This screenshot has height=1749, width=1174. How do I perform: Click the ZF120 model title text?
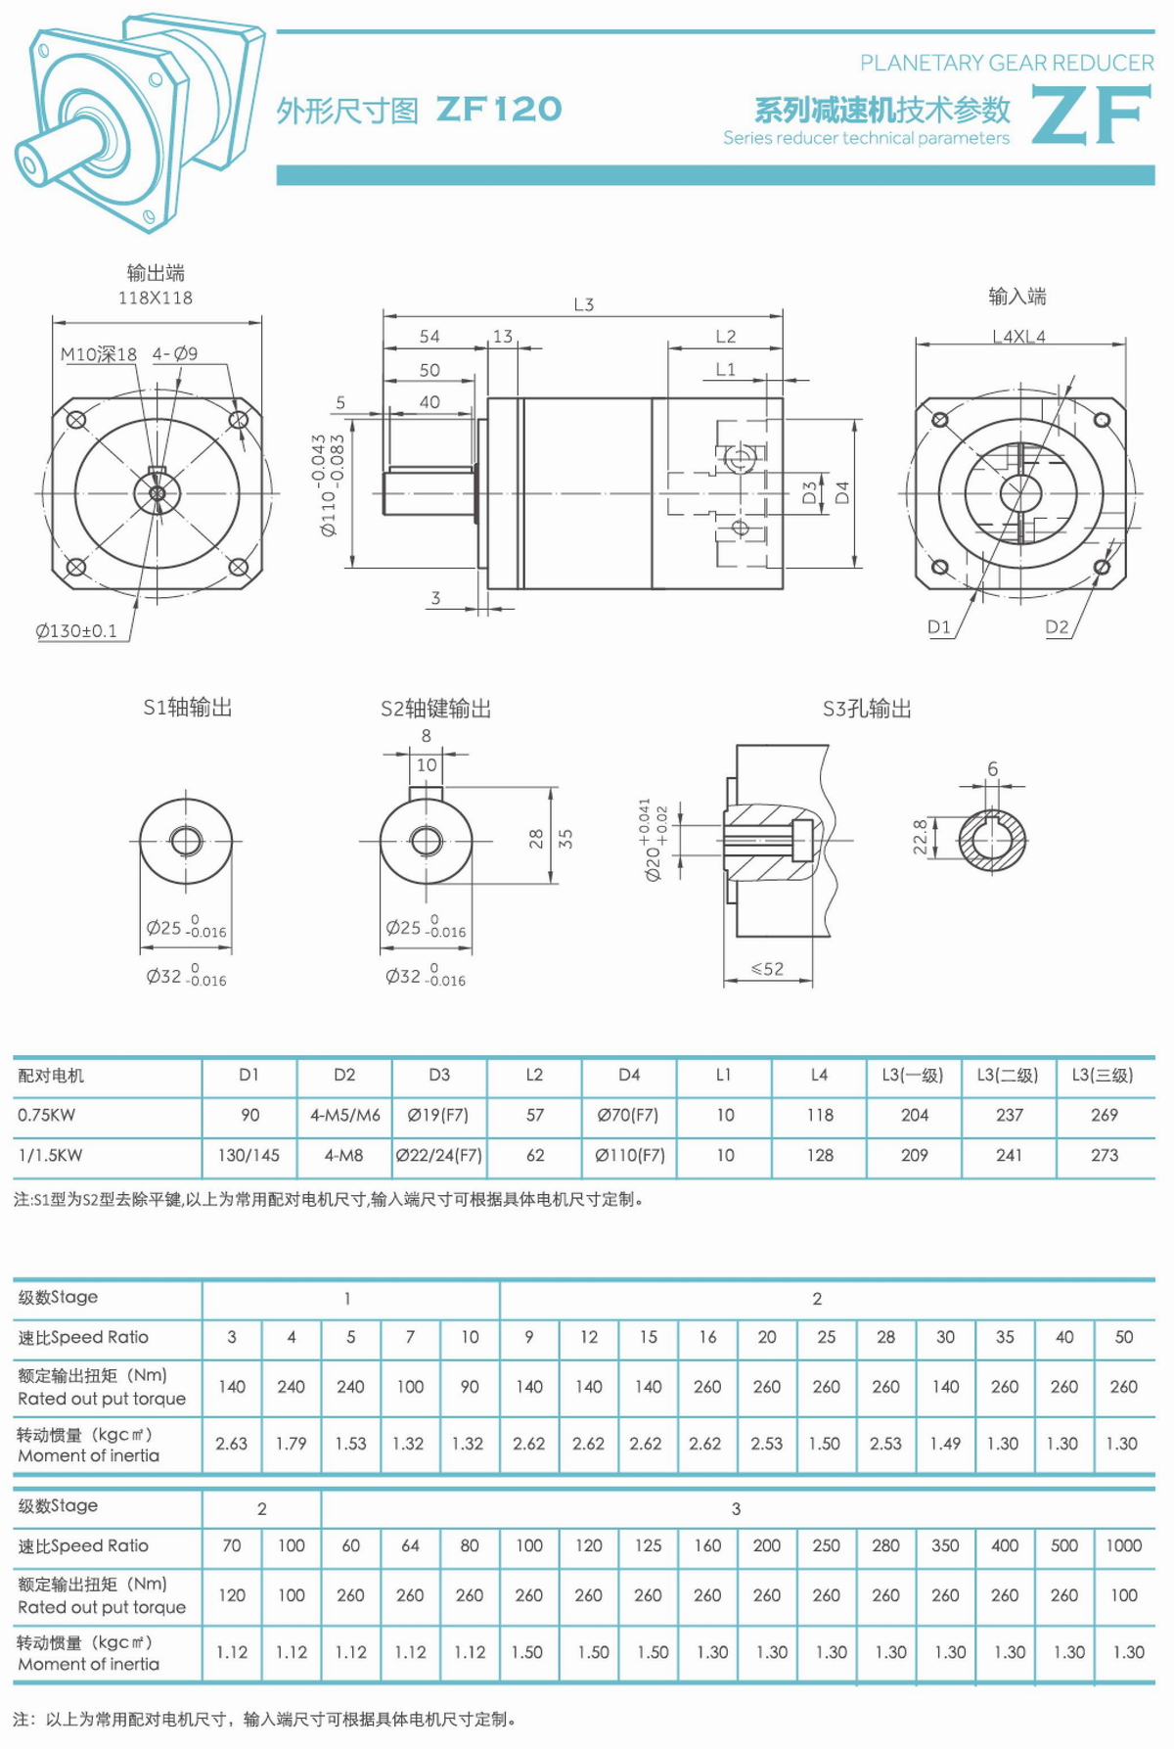pyautogui.click(x=499, y=109)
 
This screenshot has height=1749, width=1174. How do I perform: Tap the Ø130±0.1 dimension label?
pyautogui.click(x=76, y=631)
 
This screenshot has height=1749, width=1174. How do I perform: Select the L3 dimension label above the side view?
pyautogui.click(x=584, y=304)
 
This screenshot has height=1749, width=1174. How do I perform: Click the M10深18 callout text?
pyautogui.click(x=99, y=354)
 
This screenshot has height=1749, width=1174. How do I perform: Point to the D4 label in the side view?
pyautogui.click(x=842, y=492)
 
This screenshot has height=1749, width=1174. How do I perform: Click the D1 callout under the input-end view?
pyautogui.click(x=939, y=627)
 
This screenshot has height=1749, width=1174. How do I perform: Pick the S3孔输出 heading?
pyautogui.click(x=867, y=709)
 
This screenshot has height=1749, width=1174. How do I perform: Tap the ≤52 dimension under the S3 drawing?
pyautogui.click(x=767, y=969)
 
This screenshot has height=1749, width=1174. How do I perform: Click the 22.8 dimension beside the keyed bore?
pyautogui.click(x=921, y=837)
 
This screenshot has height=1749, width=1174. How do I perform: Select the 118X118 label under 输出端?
pyautogui.click(x=156, y=298)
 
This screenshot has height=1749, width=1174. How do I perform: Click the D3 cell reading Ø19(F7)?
pyautogui.click(x=438, y=1115)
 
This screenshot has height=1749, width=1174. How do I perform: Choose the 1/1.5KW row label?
pyautogui.click(x=51, y=1155)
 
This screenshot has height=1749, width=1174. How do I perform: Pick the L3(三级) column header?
pyautogui.click(x=1103, y=1075)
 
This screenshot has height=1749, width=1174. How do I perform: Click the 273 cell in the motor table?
pyautogui.click(x=1105, y=1155)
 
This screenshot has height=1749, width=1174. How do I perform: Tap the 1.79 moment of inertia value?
pyautogui.click(x=291, y=1443)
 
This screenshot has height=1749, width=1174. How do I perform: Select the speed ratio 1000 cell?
pyautogui.click(x=1123, y=1545)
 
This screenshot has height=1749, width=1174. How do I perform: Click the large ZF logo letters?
pyautogui.click(x=1091, y=115)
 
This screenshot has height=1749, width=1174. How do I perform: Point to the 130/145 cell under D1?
pyautogui.click(x=248, y=1155)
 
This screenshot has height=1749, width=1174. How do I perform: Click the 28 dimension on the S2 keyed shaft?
pyautogui.click(x=536, y=838)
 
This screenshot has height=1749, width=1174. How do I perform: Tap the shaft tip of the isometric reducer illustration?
pyautogui.click(x=27, y=161)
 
